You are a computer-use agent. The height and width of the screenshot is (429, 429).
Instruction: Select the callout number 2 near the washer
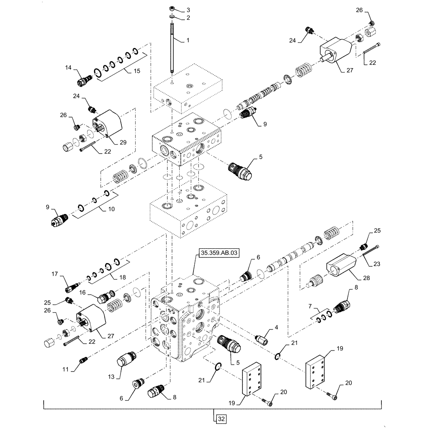pyautogui.click(x=187, y=18)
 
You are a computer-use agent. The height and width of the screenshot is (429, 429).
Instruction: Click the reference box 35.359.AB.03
pyautogui.click(x=218, y=253)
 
